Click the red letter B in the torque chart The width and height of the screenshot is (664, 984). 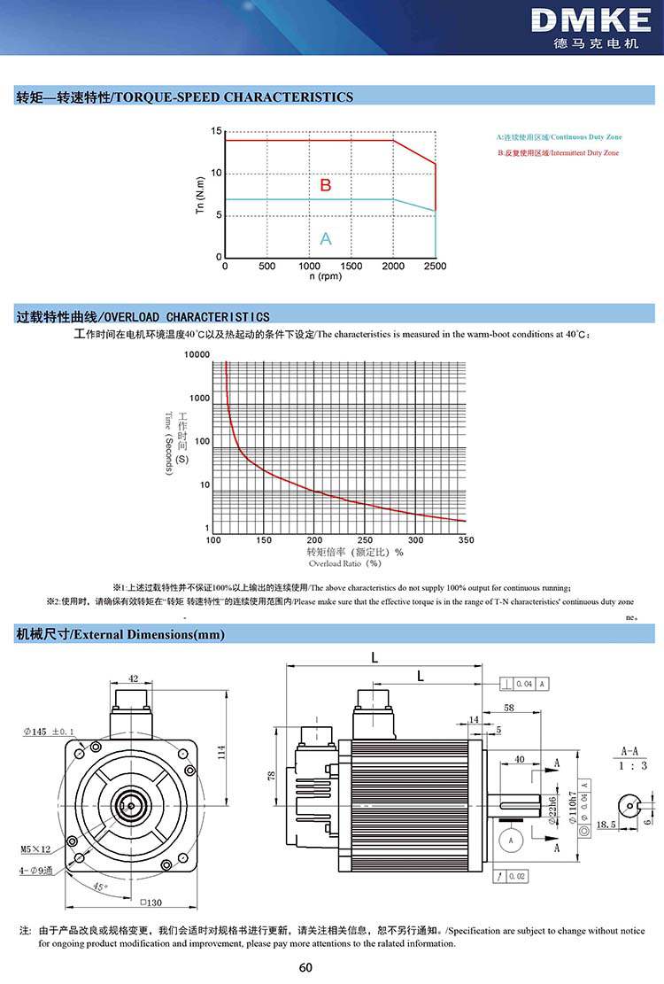pos(325,185)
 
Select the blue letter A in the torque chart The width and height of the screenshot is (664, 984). pos(325,238)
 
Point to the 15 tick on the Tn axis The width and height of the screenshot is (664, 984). pos(216,131)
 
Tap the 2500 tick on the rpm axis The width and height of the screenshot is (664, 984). pos(436,266)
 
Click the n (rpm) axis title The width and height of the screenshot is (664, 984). pos(325,276)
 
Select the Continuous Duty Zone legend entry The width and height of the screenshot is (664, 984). pos(559,137)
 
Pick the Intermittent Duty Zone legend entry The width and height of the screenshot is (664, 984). pos(558,153)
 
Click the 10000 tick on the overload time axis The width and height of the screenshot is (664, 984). pos(197,355)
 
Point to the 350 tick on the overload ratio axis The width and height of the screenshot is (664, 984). pos(466,540)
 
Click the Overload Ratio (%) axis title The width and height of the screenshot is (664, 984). pos(345,562)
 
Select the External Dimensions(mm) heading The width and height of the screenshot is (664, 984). pos(120,634)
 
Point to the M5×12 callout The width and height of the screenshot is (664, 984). pos(35,848)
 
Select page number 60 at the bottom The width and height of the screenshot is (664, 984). pos(331,967)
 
